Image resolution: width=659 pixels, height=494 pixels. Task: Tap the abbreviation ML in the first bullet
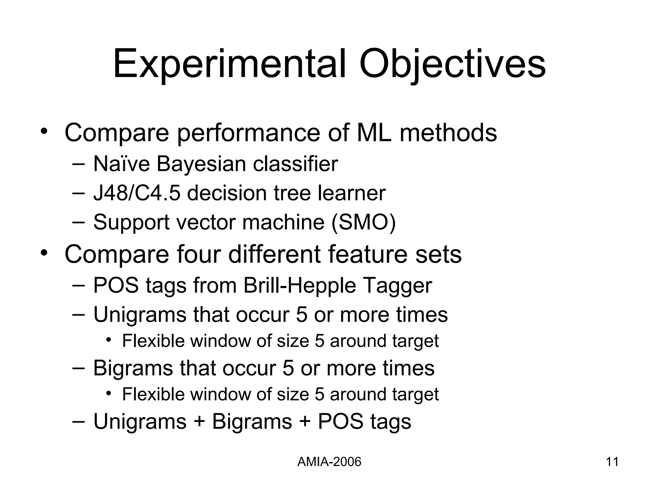tap(374, 133)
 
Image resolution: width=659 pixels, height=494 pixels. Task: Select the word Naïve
tap(121, 164)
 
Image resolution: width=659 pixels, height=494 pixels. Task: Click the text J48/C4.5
tap(136, 193)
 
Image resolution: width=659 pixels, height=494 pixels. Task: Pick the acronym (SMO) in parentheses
tap(364, 222)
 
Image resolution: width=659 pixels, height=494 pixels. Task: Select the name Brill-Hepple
tap(300, 285)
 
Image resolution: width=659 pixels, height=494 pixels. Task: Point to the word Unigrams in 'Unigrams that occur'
tap(140, 314)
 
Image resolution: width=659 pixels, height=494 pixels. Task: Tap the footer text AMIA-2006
tap(329, 462)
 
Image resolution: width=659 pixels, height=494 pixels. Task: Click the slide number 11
tap(612, 462)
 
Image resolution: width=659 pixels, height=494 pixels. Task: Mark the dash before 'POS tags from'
tap(79, 285)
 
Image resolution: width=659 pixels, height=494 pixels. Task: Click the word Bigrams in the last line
tap(252, 421)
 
